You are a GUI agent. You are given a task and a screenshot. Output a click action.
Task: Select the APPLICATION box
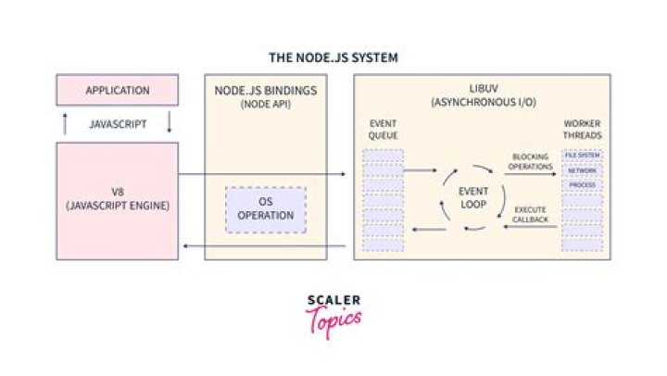118,91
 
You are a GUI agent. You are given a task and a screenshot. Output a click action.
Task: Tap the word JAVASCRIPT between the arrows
118,122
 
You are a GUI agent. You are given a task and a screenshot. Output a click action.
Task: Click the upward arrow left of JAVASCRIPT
65,122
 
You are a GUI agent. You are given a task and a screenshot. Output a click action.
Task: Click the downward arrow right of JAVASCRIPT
170,122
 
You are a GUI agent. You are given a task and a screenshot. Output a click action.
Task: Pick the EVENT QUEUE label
384,129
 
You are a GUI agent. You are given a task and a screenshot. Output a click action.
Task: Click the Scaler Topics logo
333,316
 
